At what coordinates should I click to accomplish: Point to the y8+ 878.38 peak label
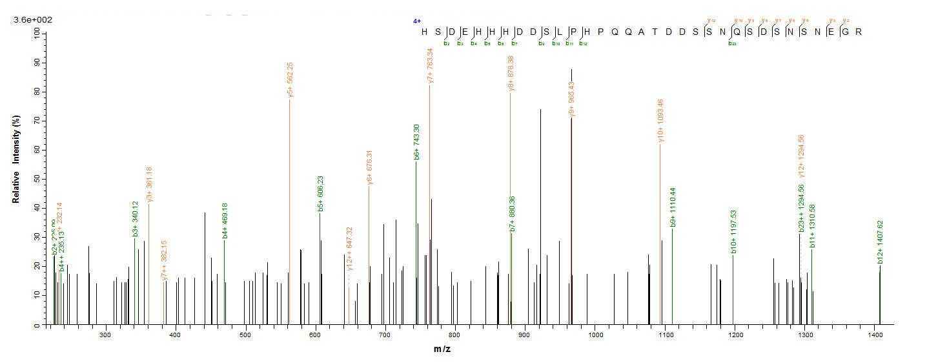click(x=511, y=74)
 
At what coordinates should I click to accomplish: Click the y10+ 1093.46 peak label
click(x=660, y=121)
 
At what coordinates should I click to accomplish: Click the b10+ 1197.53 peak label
click(x=733, y=231)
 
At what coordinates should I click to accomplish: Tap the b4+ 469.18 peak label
click(x=225, y=221)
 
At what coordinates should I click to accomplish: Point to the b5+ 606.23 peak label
click(x=321, y=194)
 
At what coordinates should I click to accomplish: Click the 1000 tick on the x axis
click(x=595, y=335)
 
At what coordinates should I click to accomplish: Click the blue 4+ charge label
click(x=416, y=21)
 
